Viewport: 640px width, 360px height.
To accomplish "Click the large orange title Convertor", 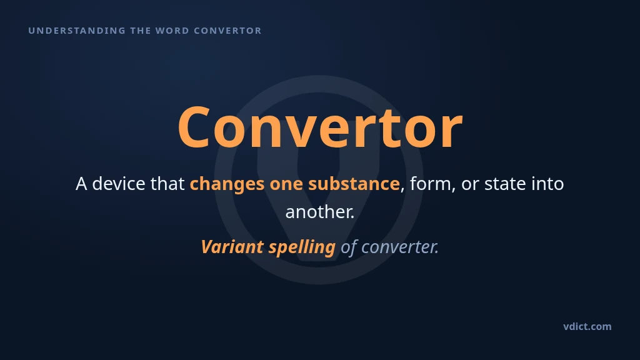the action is [x=321, y=127].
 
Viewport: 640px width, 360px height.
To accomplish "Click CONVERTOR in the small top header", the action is [x=227, y=31].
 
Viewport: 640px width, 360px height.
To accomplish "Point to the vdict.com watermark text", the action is [x=587, y=326].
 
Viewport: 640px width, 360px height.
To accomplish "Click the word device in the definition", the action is [x=119, y=184].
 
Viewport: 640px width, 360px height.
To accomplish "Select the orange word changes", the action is [x=227, y=184].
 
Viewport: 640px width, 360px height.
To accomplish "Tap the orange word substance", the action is [x=354, y=184].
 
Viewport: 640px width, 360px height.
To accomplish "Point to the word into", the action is [x=547, y=184].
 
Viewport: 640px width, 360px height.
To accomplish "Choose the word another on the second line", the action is [x=319, y=212].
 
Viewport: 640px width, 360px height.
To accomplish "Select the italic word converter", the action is [x=400, y=247].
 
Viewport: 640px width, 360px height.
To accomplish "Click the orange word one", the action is [x=286, y=184].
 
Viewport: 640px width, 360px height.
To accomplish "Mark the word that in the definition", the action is [x=167, y=184].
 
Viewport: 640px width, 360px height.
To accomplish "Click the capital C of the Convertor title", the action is [x=194, y=127].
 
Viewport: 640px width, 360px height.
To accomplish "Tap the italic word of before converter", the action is [x=349, y=247].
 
